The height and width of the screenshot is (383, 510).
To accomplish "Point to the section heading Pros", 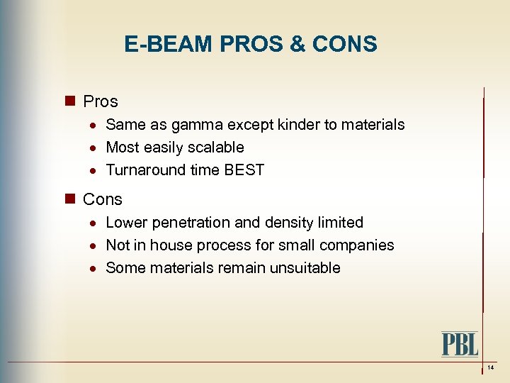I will [x=101, y=101].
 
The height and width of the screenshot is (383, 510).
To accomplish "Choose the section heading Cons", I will [x=103, y=199].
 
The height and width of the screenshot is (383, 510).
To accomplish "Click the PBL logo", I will [x=460, y=344].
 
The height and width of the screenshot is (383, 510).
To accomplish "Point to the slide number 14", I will [x=490, y=367].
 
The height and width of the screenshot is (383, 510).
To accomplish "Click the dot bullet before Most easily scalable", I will [x=94, y=148].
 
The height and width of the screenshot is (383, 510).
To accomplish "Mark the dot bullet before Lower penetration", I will [x=94, y=223].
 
